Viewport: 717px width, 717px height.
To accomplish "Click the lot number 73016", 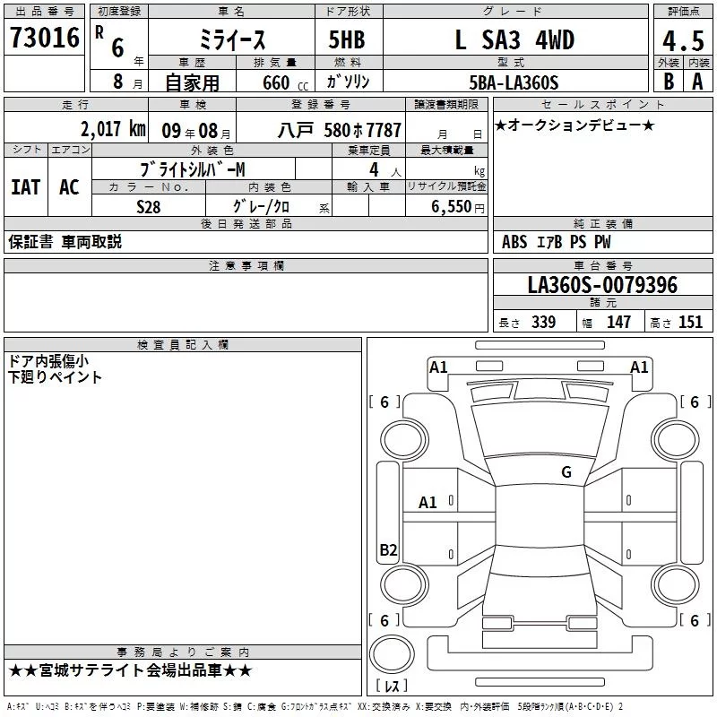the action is point(45,38).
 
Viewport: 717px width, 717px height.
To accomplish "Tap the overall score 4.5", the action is point(683,41).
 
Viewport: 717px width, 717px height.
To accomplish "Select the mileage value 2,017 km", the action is point(113,129).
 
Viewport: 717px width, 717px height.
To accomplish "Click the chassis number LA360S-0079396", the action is point(602,285).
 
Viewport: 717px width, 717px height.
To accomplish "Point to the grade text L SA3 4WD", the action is point(514,39).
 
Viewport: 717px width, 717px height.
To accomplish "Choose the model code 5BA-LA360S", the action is point(514,82).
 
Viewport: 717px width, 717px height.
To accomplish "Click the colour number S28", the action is point(148,207).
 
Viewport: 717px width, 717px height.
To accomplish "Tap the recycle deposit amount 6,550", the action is point(451,207).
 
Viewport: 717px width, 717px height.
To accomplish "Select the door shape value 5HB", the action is point(347,39).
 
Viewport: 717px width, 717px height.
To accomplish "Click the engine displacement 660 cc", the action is point(285,83).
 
